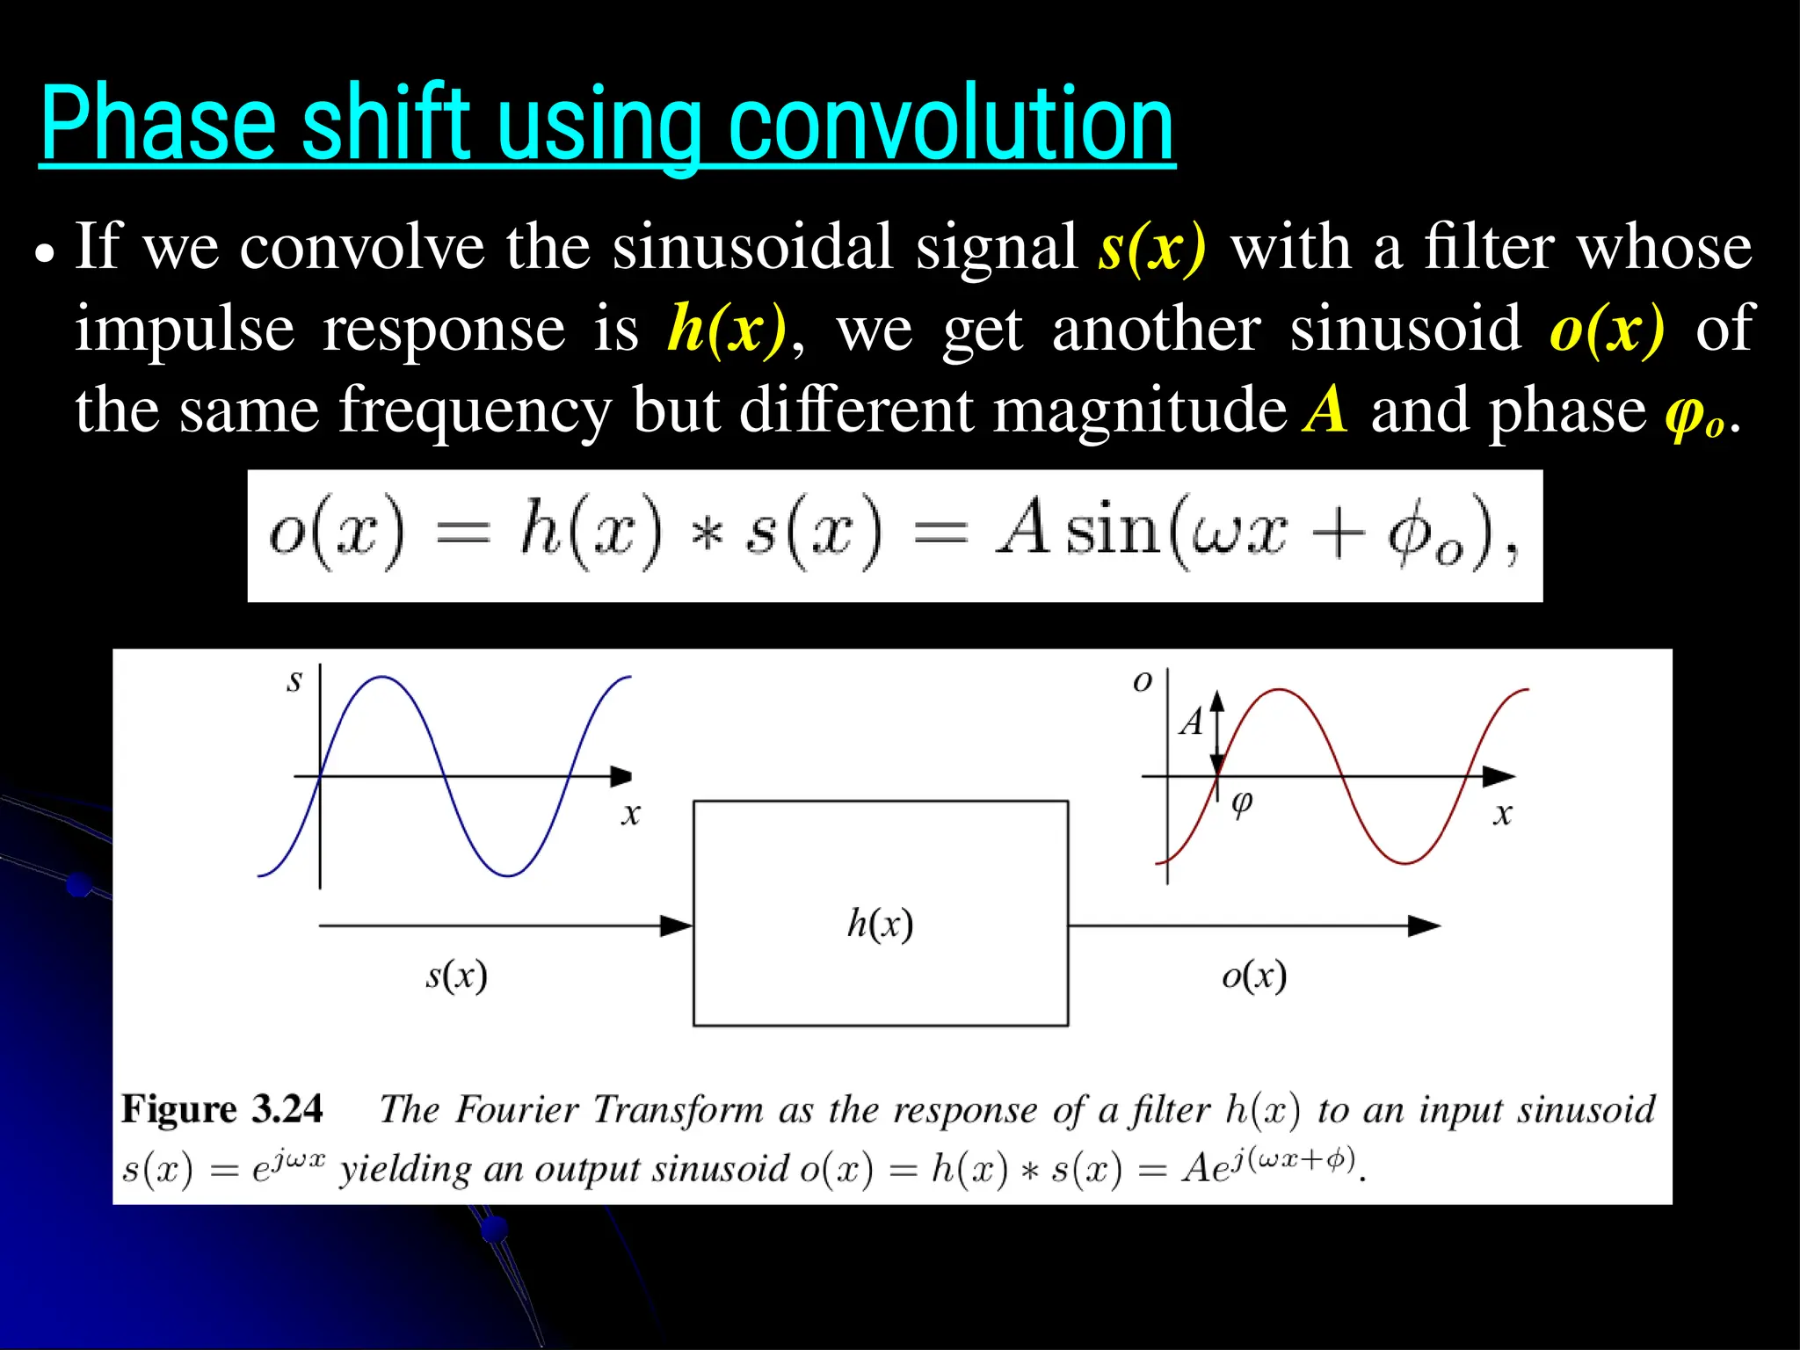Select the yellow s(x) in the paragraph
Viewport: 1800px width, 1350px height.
1152,248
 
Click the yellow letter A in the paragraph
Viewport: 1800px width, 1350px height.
1325,410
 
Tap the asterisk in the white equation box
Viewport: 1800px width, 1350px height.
707,534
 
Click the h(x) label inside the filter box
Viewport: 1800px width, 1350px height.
880,924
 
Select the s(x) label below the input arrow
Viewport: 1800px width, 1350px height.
456,976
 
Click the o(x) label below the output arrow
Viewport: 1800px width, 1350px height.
1254,976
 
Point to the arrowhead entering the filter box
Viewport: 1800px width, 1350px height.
677,925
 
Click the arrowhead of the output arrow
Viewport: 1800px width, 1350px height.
1424,925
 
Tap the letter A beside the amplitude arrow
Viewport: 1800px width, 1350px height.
1192,722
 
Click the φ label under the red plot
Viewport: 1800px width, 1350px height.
1242,802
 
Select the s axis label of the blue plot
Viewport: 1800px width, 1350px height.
294,681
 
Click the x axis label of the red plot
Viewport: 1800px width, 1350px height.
1502,814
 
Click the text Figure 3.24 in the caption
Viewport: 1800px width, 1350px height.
222,1109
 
